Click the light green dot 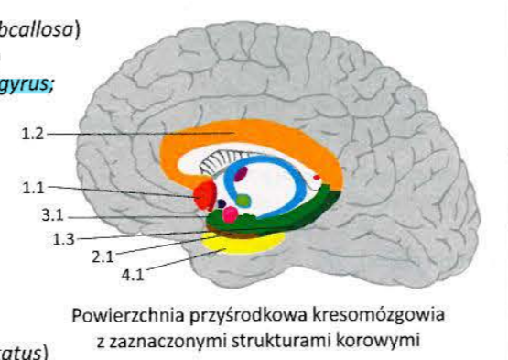[x=243, y=199]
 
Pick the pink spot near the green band [x=231, y=215]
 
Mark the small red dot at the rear [x=318, y=175]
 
